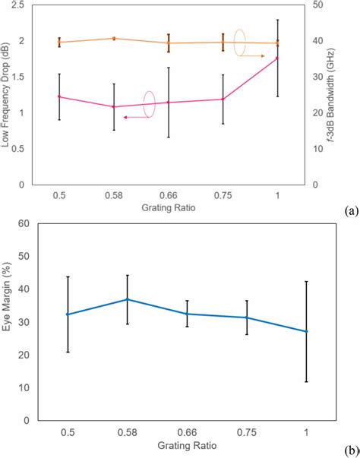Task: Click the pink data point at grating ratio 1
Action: pos(277,58)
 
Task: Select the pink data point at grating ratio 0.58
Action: pos(114,106)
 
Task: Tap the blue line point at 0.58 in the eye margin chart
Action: pos(128,299)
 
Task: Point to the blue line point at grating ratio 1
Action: pos(306,331)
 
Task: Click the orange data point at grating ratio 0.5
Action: pos(59,43)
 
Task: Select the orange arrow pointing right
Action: pos(255,56)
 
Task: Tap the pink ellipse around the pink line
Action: pos(149,104)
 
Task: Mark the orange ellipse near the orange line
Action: pos(240,43)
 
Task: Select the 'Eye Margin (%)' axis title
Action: pos(8,321)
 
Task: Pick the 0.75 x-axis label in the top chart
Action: pos(223,195)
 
